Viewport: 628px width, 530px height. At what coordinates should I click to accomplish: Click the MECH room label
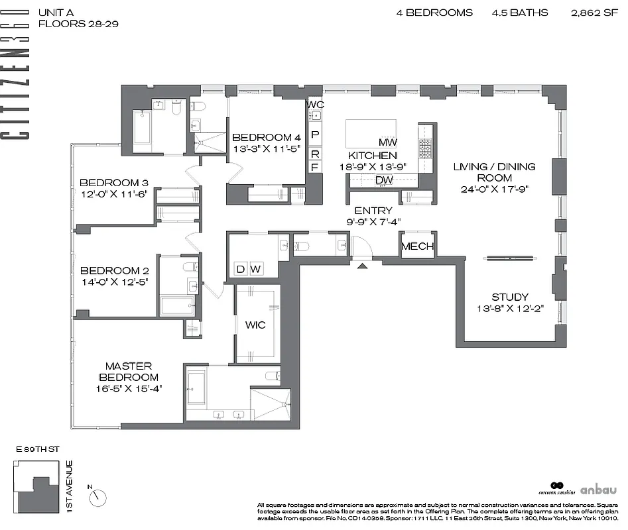pyautogui.click(x=418, y=247)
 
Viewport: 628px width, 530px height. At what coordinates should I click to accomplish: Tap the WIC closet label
pyautogui.click(x=255, y=325)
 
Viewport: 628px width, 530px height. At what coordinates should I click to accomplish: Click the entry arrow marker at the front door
pyautogui.click(x=361, y=266)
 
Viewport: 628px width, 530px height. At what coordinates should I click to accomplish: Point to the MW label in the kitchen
pyautogui.click(x=387, y=142)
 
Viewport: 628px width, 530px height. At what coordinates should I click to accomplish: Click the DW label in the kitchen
pyautogui.click(x=384, y=180)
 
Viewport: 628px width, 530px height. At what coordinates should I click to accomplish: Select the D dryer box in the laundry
pyautogui.click(x=240, y=269)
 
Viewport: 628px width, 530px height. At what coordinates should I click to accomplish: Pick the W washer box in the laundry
pyautogui.click(x=255, y=269)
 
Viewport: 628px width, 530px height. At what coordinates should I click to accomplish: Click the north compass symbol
pyautogui.click(x=99, y=496)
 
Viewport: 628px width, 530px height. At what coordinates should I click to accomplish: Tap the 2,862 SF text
pyautogui.click(x=594, y=13)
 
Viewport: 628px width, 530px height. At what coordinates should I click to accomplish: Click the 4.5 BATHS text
pyautogui.click(x=520, y=13)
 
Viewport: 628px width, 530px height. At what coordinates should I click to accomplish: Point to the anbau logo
pyautogui.click(x=598, y=490)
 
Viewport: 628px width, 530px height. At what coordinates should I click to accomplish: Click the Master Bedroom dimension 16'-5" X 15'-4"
pyautogui.click(x=129, y=388)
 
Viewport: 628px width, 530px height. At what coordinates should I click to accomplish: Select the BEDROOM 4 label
pyautogui.click(x=262, y=137)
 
